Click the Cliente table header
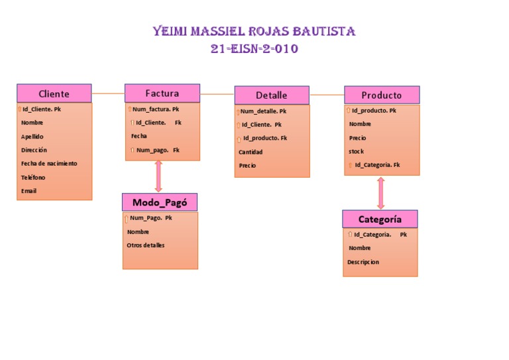coord(54,93)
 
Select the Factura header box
coord(162,93)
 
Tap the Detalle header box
coord(271,95)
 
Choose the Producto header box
coord(382,95)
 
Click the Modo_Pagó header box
coord(159,202)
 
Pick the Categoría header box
coord(380,219)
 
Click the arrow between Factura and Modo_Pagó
coord(158,176)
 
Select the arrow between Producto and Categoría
coord(380,193)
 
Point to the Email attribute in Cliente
coord(28,191)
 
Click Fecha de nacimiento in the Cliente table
coord(48,163)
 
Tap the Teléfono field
coord(33,177)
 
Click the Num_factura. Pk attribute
coord(155,109)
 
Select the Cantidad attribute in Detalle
coord(251,152)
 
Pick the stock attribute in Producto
coord(356,151)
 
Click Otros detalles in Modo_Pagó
coord(146,245)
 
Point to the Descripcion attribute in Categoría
coord(363,262)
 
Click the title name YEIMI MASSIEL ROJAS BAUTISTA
coord(254,32)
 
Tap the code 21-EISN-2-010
coord(254,49)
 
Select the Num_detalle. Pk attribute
coord(263,111)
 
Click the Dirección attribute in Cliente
coord(34,150)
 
